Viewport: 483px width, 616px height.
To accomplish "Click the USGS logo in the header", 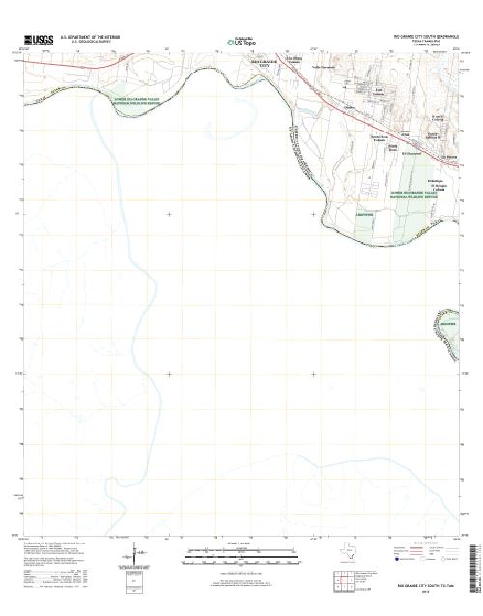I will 40,39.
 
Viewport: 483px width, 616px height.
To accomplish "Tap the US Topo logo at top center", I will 241,43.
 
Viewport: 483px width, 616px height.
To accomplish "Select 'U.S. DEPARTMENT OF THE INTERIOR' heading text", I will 92,36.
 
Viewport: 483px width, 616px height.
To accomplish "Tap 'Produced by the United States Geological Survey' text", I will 57,543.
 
